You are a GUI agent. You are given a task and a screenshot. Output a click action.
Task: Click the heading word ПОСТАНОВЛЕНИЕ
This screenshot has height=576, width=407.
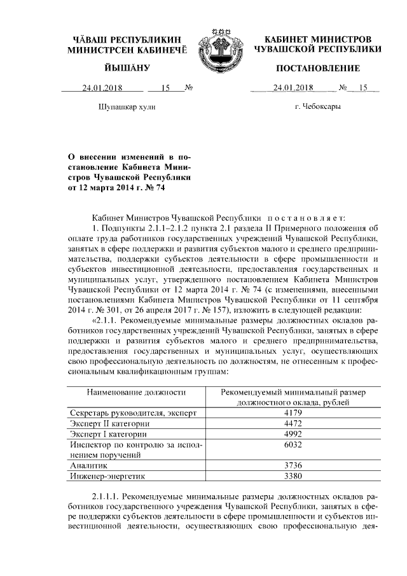(x=317, y=68)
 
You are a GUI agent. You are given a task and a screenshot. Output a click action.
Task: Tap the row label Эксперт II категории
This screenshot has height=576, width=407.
(x=110, y=423)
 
